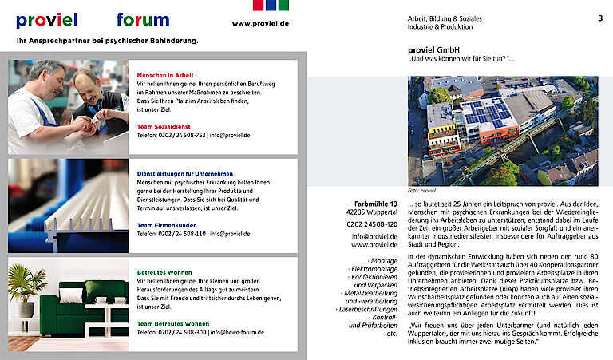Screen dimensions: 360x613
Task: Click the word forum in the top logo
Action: pos(143,20)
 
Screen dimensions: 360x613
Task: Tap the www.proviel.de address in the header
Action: pos(260,24)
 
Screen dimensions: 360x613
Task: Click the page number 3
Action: pos(599,18)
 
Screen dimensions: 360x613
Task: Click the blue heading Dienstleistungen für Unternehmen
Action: pos(184,173)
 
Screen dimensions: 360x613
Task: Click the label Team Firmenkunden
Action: pos(167,225)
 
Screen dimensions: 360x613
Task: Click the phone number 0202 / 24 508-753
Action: pos(171,136)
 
